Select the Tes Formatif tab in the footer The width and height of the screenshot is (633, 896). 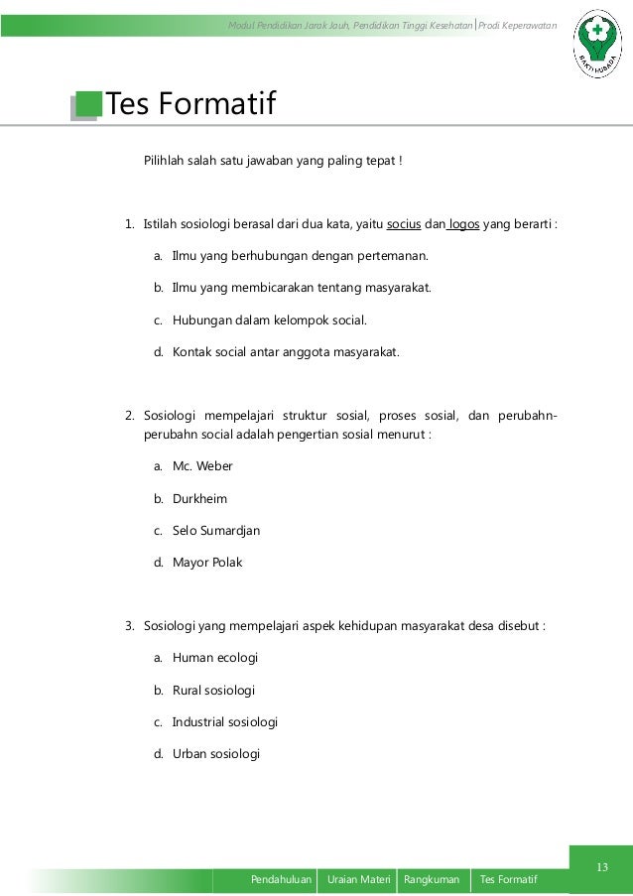pos(508,880)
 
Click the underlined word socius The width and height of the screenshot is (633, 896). pos(402,223)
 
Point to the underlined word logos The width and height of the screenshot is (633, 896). pos(464,223)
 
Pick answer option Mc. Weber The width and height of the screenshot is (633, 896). pos(202,466)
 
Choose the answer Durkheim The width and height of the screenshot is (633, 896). pos(199,498)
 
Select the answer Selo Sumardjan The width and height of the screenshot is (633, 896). pos(216,530)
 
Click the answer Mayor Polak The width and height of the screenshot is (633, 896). pos(207,562)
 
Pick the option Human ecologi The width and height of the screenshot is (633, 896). pos(215,657)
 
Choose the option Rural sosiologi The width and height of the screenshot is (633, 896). pos(214,689)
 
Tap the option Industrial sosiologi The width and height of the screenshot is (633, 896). pos(225,721)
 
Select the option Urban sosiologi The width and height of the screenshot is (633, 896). pos(216,753)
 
